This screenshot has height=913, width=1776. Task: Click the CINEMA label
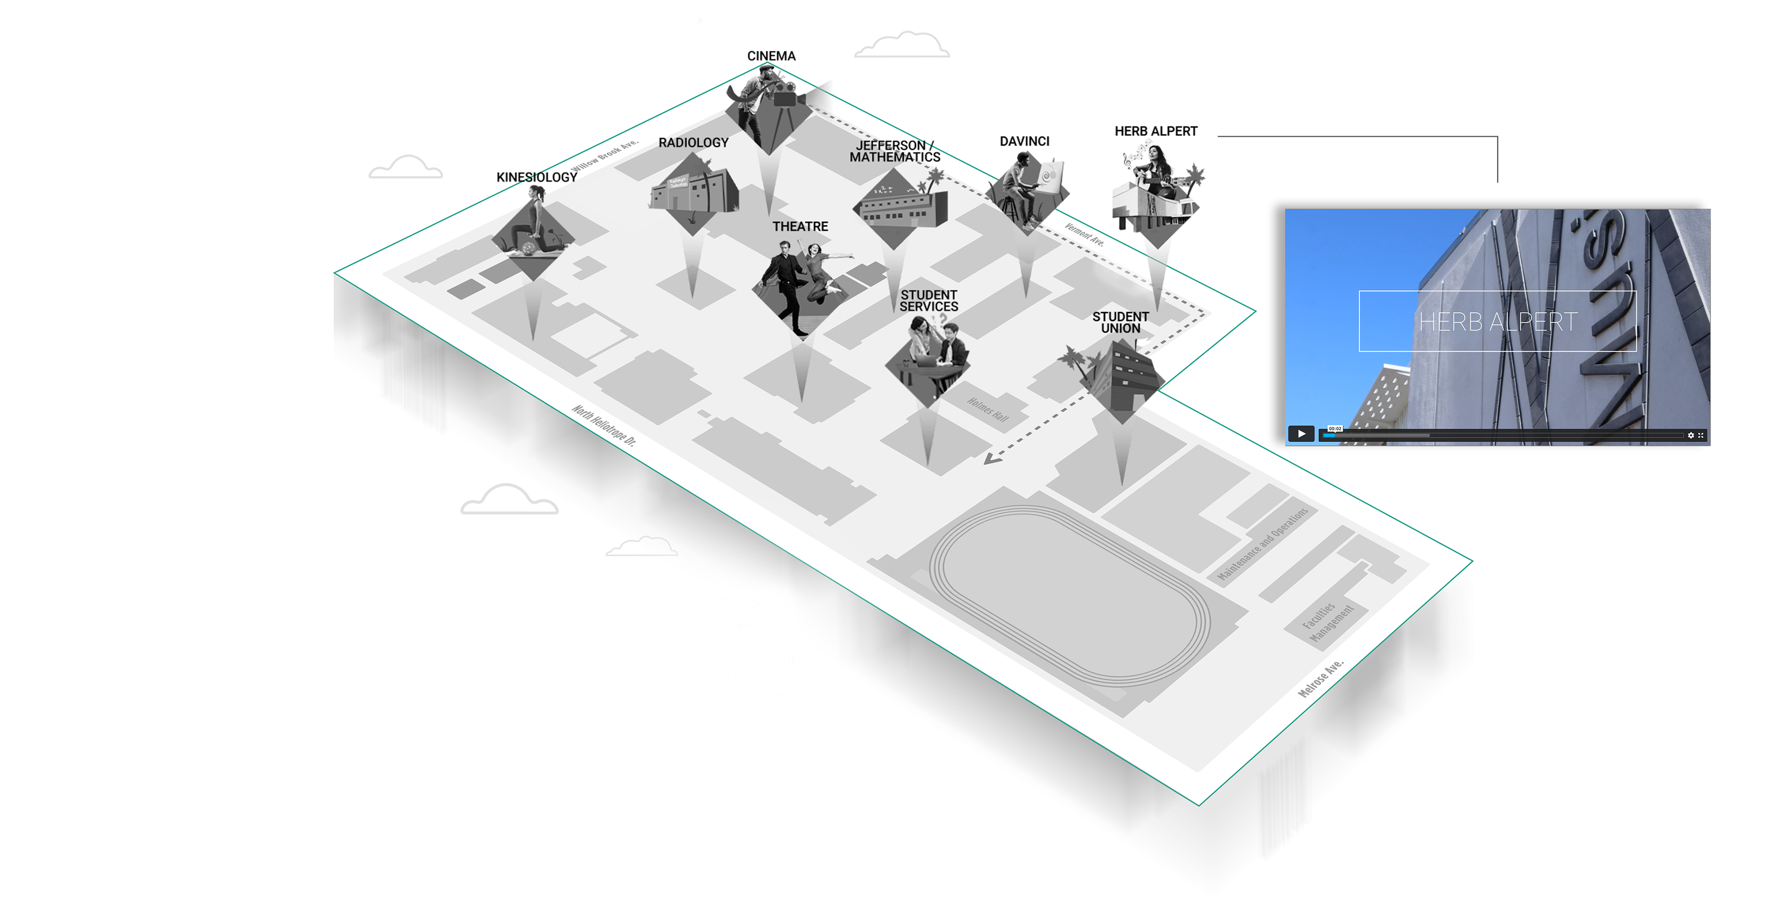click(771, 56)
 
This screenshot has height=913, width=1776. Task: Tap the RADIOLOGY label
click(693, 143)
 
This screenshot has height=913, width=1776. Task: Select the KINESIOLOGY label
click(536, 177)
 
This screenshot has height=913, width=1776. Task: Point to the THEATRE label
click(800, 226)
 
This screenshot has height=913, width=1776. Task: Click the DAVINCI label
click(1024, 141)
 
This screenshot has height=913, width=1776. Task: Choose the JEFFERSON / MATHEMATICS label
click(894, 151)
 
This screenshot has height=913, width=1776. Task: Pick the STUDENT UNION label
click(1120, 322)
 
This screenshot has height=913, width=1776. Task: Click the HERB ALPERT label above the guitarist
click(1155, 131)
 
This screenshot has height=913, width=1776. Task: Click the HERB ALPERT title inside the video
click(1498, 321)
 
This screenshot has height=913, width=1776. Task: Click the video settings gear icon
click(1690, 435)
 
